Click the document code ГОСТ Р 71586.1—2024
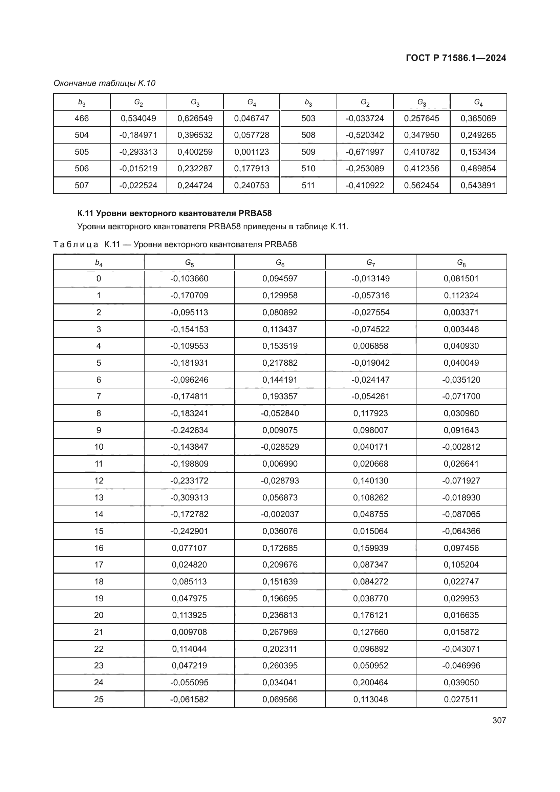tap(455, 58)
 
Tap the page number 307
tap(499, 720)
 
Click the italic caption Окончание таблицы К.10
tap(105, 83)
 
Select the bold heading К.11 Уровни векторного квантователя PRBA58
tap(174, 213)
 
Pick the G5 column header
tap(189, 263)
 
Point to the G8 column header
tap(461, 263)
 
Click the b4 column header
tap(99, 263)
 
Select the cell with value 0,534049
tap(138, 118)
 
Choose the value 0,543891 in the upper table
tap(478, 186)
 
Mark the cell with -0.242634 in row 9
tap(189, 430)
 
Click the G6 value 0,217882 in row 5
tap(280, 363)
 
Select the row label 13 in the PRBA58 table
tap(99, 497)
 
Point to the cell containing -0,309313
tap(189, 497)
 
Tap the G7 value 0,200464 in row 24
tap(370, 682)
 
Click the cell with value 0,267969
tap(280, 632)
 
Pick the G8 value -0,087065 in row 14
tap(461, 514)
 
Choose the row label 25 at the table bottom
tap(99, 699)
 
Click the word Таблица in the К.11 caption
tap(76, 244)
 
